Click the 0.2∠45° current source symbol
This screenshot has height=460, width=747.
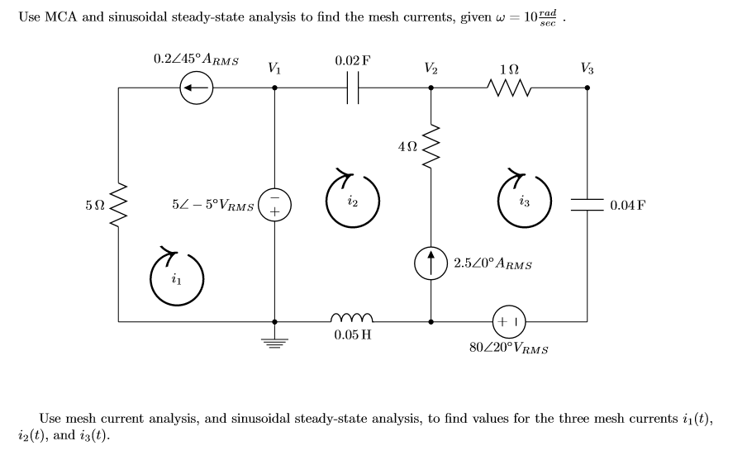click(197, 87)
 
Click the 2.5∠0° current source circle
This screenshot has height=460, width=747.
click(431, 263)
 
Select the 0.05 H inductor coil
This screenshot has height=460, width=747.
click(353, 318)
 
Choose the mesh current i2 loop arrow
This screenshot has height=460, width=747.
click(353, 202)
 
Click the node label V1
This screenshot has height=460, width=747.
click(274, 69)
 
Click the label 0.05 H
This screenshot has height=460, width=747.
click(353, 337)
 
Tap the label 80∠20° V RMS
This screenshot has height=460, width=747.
click(509, 348)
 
